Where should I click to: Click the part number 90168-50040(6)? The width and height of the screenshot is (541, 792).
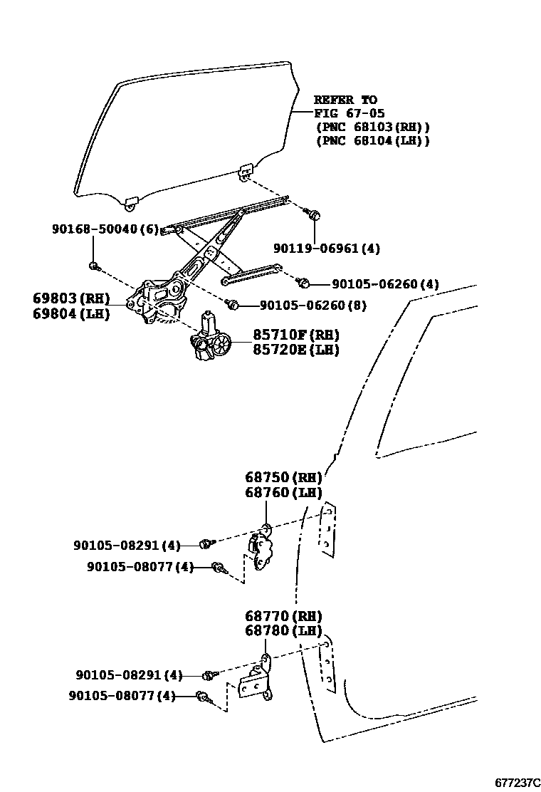pyautogui.click(x=105, y=229)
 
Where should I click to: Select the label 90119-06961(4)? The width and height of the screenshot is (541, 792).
pyautogui.click(x=327, y=249)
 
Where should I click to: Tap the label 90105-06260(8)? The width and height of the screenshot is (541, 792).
pyautogui.click(x=312, y=306)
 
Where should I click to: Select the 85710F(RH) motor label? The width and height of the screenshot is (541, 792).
pyautogui.click(x=295, y=335)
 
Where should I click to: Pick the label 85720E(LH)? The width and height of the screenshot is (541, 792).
pyautogui.click(x=295, y=350)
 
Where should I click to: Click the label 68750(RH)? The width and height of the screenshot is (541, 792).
pyautogui.click(x=283, y=477)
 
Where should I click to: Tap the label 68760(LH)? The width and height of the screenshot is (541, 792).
pyautogui.click(x=283, y=493)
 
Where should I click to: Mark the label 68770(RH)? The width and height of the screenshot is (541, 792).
pyautogui.click(x=283, y=616)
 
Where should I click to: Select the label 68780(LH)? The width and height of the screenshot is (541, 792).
pyautogui.click(x=283, y=631)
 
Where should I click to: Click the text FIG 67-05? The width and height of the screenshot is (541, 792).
pyautogui.click(x=350, y=113)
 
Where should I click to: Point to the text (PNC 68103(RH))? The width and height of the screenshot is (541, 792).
pyautogui.click(x=372, y=127)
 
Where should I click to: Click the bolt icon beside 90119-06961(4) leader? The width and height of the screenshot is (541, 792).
pyautogui.click(x=314, y=213)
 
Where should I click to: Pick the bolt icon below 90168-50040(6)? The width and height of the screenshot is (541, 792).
pyautogui.click(x=93, y=266)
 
